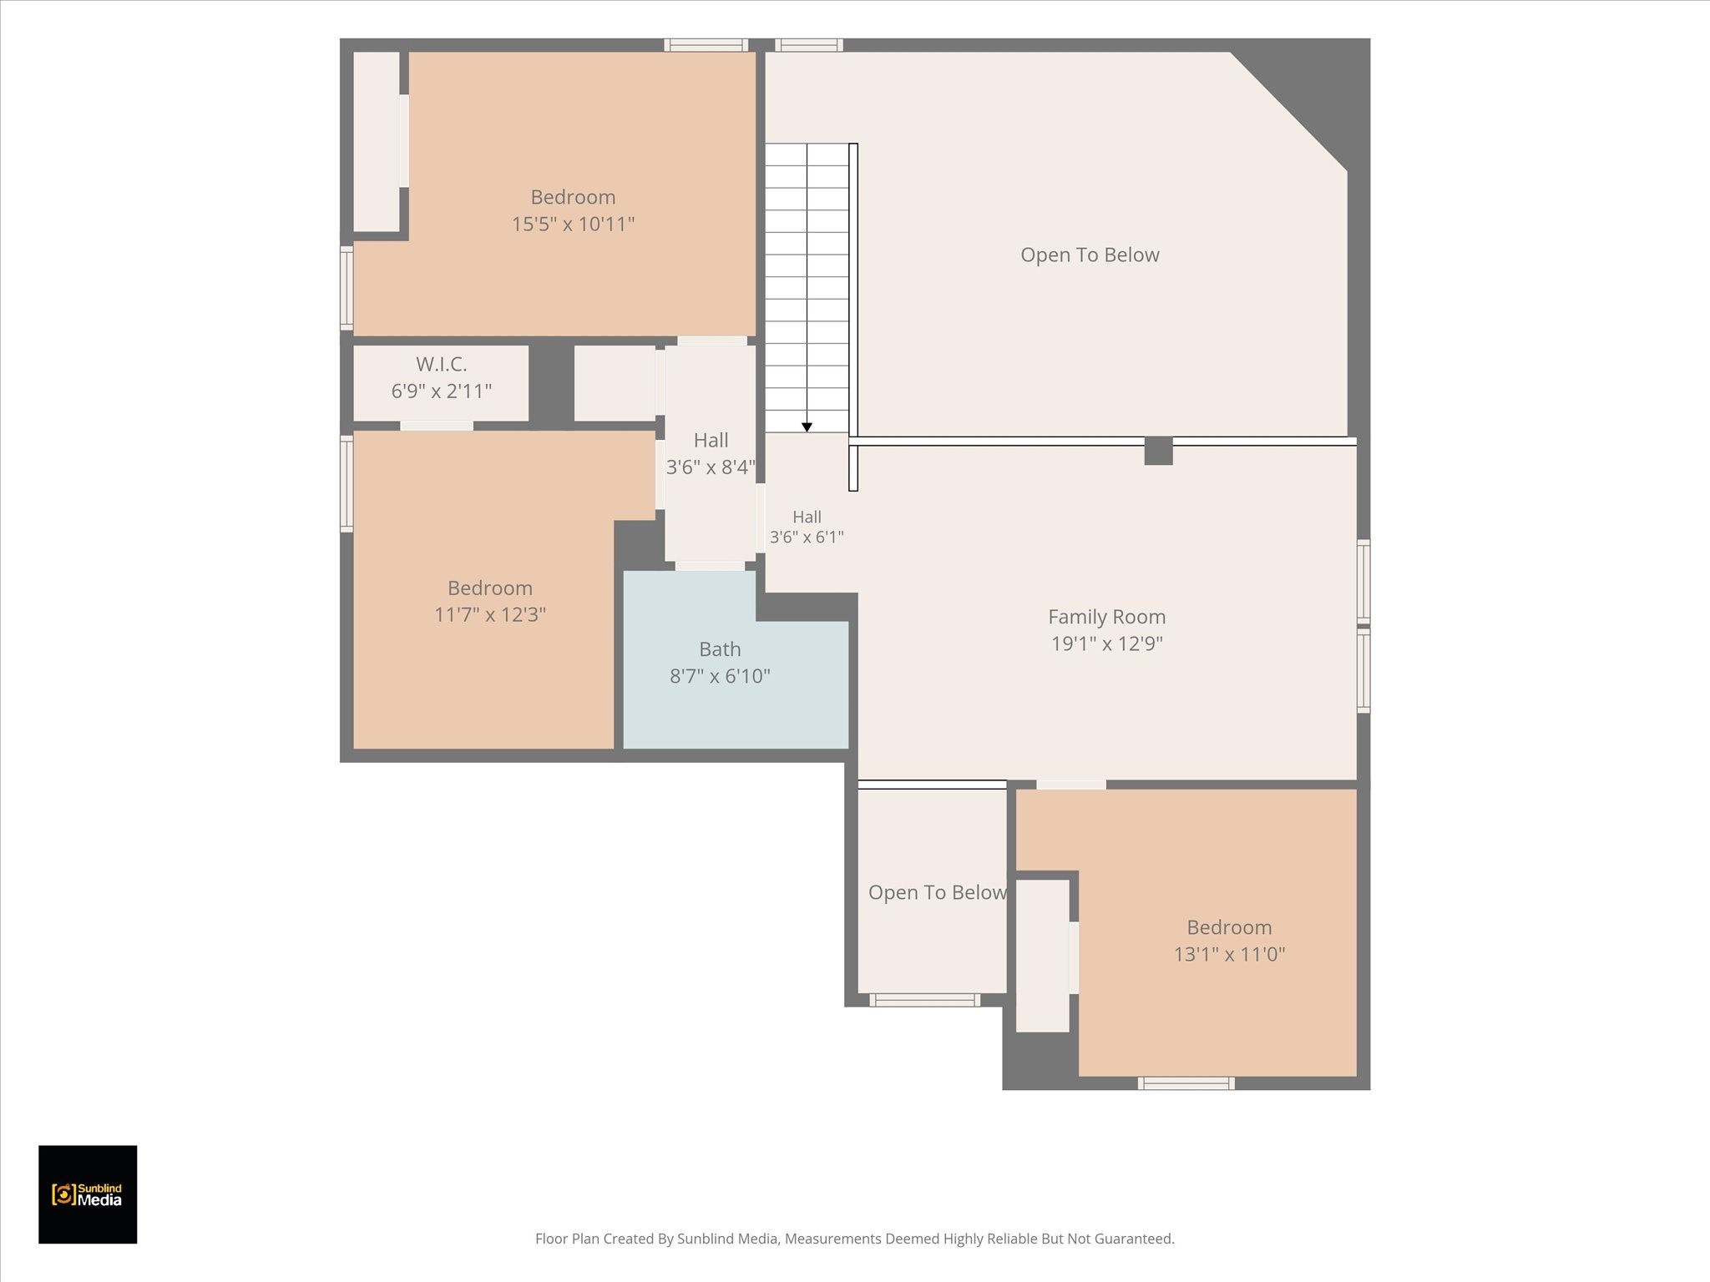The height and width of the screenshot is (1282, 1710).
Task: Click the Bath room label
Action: [x=720, y=649]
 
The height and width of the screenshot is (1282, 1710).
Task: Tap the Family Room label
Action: [x=1106, y=617]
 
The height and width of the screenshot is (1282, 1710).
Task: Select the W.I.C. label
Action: [x=441, y=364]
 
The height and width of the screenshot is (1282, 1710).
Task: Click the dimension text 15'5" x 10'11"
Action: [x=573, y=224]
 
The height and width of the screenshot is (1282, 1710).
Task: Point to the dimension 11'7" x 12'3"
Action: [x=490, y=614]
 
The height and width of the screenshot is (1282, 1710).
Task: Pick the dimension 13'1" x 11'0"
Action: [x=1229, y=954]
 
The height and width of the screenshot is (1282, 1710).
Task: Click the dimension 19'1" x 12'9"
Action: [x=1106, y=644]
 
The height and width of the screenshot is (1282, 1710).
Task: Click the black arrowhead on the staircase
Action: [x=807, y=427]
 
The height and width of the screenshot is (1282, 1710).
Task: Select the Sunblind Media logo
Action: [x=88, y=1194]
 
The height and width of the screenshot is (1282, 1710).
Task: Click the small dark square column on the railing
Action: [x=1158, y=451]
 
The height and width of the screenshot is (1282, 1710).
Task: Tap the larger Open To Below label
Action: [x=1090, y=255]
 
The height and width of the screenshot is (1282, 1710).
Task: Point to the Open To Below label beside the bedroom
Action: [x=937, y=892]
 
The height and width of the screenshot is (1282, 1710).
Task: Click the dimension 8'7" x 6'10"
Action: [x=720, y=676]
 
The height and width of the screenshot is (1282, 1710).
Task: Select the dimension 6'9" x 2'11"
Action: [x=441, y=391]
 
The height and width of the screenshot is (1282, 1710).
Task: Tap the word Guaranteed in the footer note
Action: [x=1131, y=1239]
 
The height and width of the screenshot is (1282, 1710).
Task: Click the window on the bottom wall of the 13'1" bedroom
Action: [x=1186, y=1083]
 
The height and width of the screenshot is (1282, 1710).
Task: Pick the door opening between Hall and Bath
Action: [x=710, y=566]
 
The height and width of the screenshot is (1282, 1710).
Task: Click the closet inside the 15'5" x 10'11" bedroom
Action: [x=377, y=142]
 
